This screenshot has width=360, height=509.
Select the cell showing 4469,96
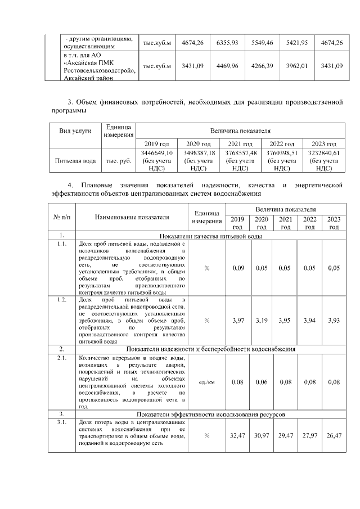point(227,66)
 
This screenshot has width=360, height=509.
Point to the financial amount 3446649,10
point(157,153)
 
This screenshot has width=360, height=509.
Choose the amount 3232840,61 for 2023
point(323,153)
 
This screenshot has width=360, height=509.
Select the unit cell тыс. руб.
point(118,160)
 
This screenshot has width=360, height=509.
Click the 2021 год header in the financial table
point(240,144)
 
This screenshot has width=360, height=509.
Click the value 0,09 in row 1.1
point(238,268)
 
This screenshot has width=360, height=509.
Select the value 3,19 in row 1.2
point(262,320)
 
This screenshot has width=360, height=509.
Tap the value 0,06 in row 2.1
point(262,382)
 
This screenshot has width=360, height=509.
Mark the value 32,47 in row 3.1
point(238,435)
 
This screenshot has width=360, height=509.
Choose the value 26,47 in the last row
point(334,435)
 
